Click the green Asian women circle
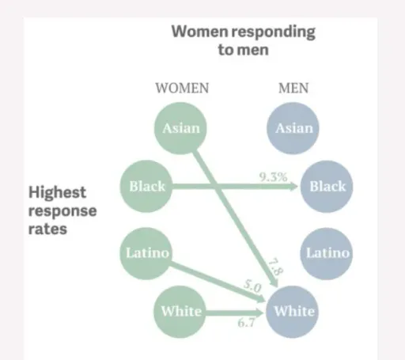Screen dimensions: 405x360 [180, 128]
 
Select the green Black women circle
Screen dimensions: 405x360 [146, 186]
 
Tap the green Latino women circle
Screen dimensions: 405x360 [146, 253]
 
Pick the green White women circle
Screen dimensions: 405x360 [180, 312]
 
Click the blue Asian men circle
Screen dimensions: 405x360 [293, 128]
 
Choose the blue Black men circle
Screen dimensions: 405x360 [327, 186]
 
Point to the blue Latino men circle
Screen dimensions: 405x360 [327, 253]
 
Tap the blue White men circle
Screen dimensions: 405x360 [293, 312]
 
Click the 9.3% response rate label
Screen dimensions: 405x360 [273, 177]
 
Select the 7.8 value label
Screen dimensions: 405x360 [275, 267]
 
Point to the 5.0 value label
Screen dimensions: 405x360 [252, 286]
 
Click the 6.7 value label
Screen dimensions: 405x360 [246, 323]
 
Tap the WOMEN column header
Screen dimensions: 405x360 [182, 88]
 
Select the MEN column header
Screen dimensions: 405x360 [293, 88]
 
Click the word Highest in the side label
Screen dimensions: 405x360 [57, 192]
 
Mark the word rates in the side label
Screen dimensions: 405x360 [47, 229]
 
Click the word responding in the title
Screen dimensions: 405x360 [273, 32]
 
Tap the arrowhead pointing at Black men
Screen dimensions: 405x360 [293, 187]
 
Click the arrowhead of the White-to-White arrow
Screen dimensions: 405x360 [259, 313]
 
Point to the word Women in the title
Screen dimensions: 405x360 [199, 31]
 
